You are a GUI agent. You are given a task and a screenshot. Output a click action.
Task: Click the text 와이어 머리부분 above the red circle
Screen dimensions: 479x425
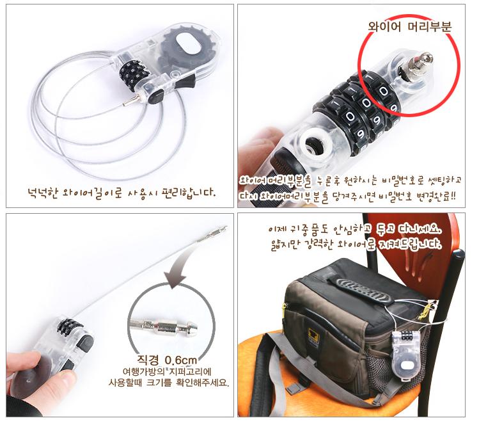[x=409, y=27]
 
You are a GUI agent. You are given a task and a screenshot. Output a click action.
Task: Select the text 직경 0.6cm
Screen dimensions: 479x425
[x=167, y=360]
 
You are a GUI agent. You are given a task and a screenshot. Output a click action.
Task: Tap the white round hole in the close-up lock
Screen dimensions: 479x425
[x=314, y=143]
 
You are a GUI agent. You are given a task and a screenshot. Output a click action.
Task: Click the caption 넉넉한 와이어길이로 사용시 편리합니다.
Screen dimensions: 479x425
[x=122, y=193]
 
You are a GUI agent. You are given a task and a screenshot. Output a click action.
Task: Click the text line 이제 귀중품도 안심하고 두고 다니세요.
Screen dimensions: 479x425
[x=355, y=229]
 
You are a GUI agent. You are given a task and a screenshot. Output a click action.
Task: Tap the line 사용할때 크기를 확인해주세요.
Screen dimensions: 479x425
[x=168, y=383]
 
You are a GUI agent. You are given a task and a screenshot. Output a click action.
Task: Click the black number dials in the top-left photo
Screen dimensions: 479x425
[x=134, y=75]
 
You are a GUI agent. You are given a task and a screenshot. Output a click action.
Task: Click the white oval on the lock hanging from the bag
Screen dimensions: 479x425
[x=406, y=365]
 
